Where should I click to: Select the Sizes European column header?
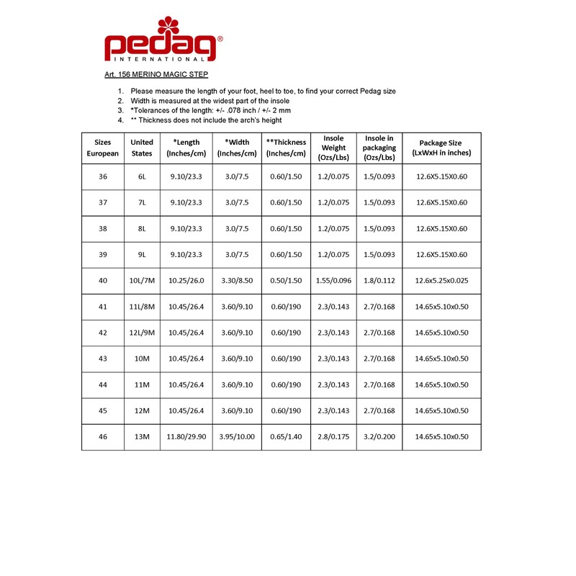pyautogui.click(x=102, y=148)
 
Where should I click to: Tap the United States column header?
pyautogui.click(x=142, y=148)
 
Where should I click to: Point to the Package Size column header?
pyautogui.click(x=441, y=148)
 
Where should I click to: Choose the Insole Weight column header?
pyautogui.click(x=333, y=148)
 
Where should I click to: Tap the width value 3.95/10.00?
pyautogui.click(x=237, y=437)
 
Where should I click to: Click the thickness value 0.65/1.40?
pyautogui.click(x=286, y=437)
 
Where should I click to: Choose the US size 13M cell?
pyautogui.click(x=142, y=437)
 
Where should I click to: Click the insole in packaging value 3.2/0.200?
pyautogui.click(x=379, y=437)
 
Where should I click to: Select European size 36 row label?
pyautogui.click(x=102, y=176)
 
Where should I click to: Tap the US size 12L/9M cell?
pyautogui.click(x=142, y=333)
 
